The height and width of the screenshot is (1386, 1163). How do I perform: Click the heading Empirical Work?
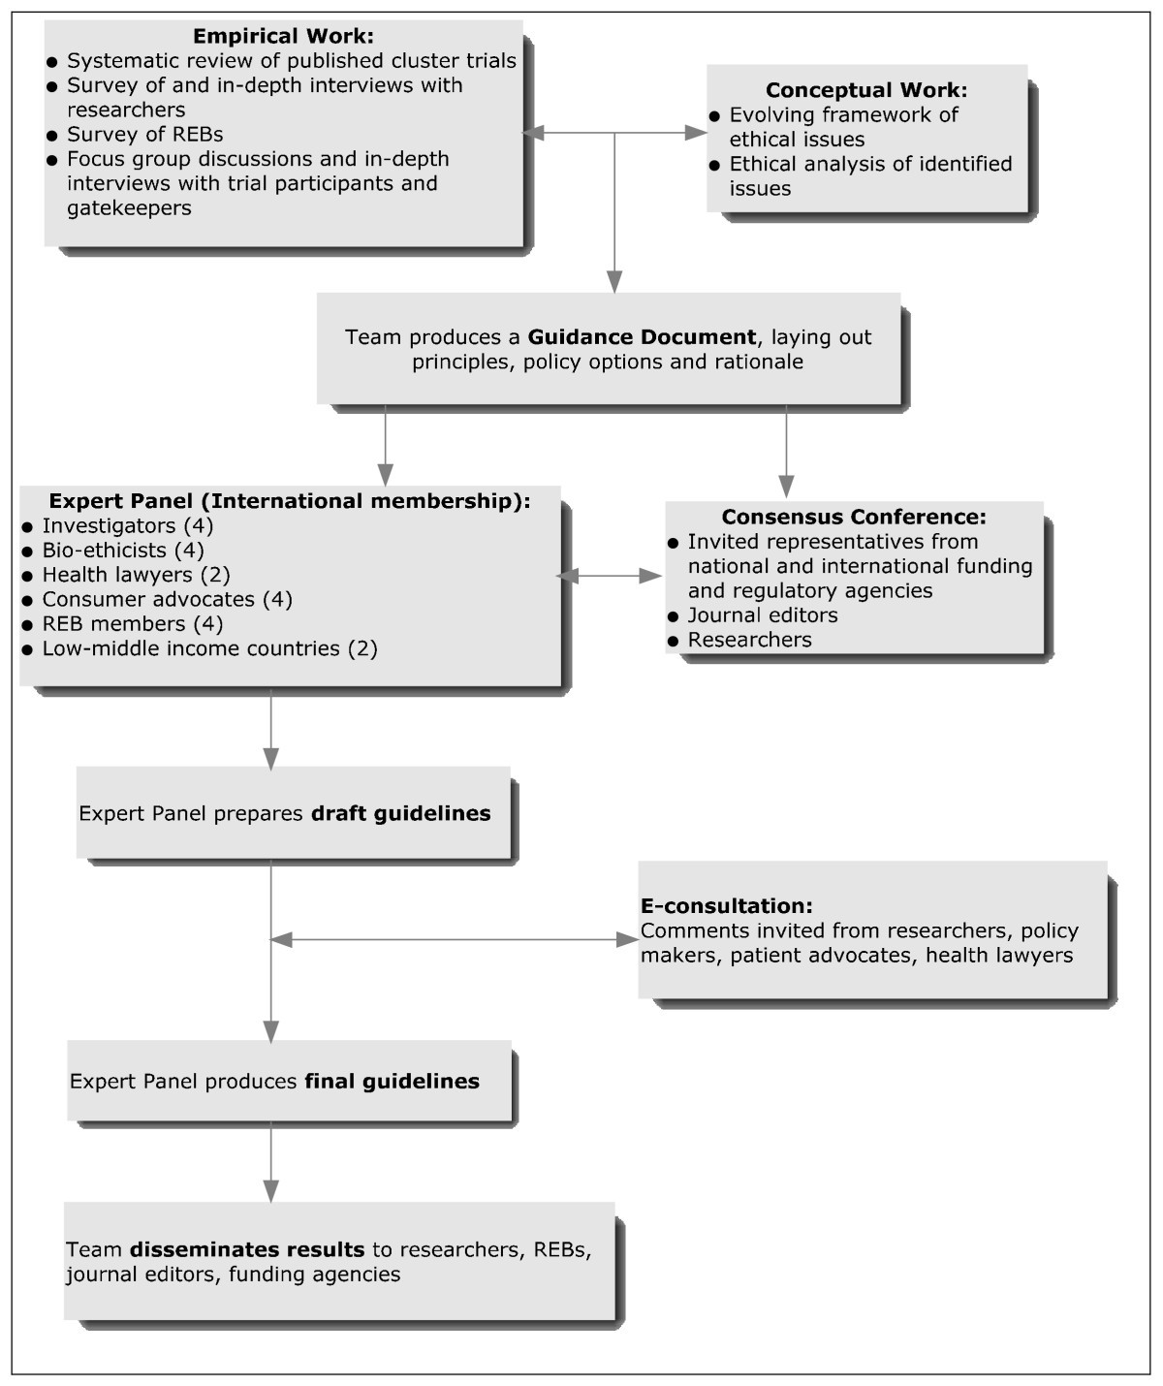coord(283,37)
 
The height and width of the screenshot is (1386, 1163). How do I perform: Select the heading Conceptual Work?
coord(866,90)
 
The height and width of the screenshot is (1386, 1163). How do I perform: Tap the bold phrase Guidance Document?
coord(642,337)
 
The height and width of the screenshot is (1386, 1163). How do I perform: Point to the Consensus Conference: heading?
coord(854,517)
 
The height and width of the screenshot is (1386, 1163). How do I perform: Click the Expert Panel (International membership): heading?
coord(290,501)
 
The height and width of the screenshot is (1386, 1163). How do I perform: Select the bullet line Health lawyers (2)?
coord(136,575)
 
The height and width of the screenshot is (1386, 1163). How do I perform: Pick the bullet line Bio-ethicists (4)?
coord(123,551)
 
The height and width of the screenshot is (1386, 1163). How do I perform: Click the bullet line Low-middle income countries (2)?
coord(209,648)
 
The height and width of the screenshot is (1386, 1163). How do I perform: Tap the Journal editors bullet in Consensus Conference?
coord(763,615)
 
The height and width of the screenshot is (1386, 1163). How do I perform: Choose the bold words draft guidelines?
coord(400,813)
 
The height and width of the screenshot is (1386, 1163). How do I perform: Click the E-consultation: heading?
coord(727,906)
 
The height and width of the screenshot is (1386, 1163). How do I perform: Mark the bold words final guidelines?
coord(392,1081)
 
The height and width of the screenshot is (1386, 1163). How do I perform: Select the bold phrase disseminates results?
coord(247,1249)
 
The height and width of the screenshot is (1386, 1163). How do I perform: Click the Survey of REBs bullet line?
coord(145,134)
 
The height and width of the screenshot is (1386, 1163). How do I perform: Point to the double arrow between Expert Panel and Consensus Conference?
coord(610,576)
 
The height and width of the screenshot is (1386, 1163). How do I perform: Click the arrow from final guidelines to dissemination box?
coord(271,1162)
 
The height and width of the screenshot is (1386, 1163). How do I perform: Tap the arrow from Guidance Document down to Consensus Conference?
coord(786,451)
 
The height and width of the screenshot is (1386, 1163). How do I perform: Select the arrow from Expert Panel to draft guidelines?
coord(271,727)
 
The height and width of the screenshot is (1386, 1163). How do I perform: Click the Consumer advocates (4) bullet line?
coord(167,599)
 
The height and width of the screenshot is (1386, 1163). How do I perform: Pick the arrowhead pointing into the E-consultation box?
coord(627,939)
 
